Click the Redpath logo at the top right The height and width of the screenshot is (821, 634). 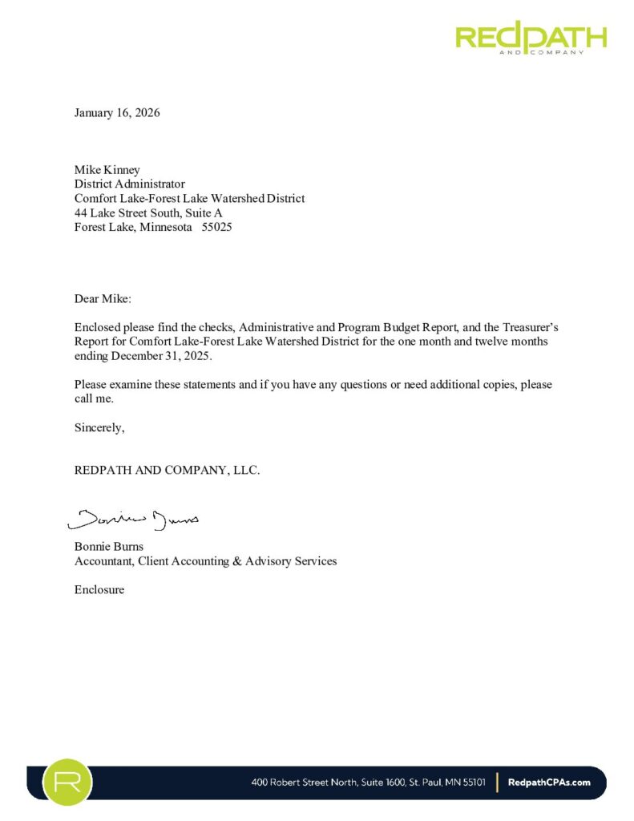click(531, 37)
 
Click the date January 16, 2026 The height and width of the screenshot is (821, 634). click(117, 113)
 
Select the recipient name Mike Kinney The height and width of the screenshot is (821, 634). click(107, 170)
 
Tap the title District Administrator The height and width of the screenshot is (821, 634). click(129, 184)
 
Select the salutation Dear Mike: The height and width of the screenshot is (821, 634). click(102, 299)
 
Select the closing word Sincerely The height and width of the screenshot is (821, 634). click(99, 427)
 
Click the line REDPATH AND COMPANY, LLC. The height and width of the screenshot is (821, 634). click(167, 471)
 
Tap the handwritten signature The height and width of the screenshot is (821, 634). click(133, 520)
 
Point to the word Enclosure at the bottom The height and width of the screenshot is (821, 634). click(99, 590)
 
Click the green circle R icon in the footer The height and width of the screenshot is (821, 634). click(67, 783)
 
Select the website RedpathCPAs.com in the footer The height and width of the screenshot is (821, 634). click(550, 783)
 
